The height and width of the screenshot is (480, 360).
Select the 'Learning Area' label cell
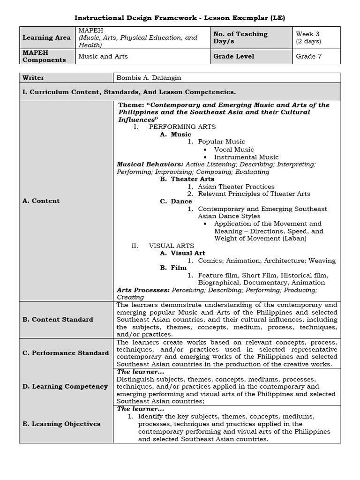point(46,37)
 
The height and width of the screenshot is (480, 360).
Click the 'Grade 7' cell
point(309,56)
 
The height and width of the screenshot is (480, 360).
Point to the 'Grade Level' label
point(234,56)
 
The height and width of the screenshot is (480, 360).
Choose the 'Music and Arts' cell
point(103,56)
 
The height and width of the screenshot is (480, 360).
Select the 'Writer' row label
point(33,78)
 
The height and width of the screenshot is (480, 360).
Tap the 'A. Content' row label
point(41,201)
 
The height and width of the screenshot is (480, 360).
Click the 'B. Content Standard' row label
point(58,320)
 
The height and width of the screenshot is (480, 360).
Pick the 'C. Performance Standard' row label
point(66,353)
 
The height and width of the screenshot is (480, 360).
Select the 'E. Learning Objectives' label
point(61,424)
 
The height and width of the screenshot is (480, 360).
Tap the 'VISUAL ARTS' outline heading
point(171,246)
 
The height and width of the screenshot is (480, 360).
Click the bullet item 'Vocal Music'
point(234,150)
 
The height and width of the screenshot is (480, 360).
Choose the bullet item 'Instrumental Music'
point(246,157)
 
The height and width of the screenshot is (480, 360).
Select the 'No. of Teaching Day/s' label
point(240,37)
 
